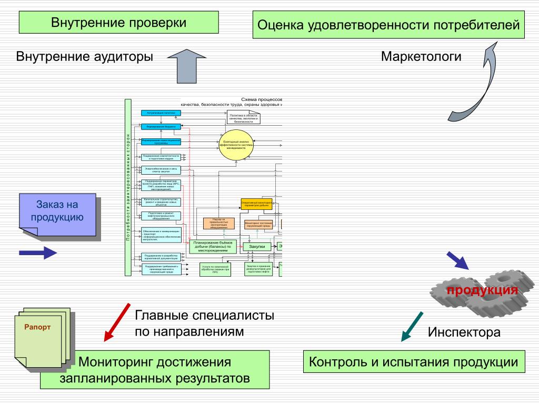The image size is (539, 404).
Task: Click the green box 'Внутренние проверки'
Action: (118, 23)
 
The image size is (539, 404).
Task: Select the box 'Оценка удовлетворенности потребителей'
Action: (388, 25)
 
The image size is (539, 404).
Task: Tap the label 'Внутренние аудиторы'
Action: (85, 56)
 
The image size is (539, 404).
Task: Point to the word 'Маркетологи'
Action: (421, 56)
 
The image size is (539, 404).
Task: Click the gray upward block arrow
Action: (189, 65)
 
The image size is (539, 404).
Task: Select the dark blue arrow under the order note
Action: (37, 253)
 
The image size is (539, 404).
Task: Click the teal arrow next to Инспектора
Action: (412, 326)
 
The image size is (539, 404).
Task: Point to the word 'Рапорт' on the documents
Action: (37, 327)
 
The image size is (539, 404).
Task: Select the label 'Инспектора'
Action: (464, 332)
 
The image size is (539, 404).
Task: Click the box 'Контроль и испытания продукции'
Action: (413, 362)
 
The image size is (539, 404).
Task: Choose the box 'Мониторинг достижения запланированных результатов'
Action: (155, 370)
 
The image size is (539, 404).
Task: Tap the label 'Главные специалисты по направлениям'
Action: (205, 324)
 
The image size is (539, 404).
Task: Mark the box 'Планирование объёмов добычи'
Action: (215, 246)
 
